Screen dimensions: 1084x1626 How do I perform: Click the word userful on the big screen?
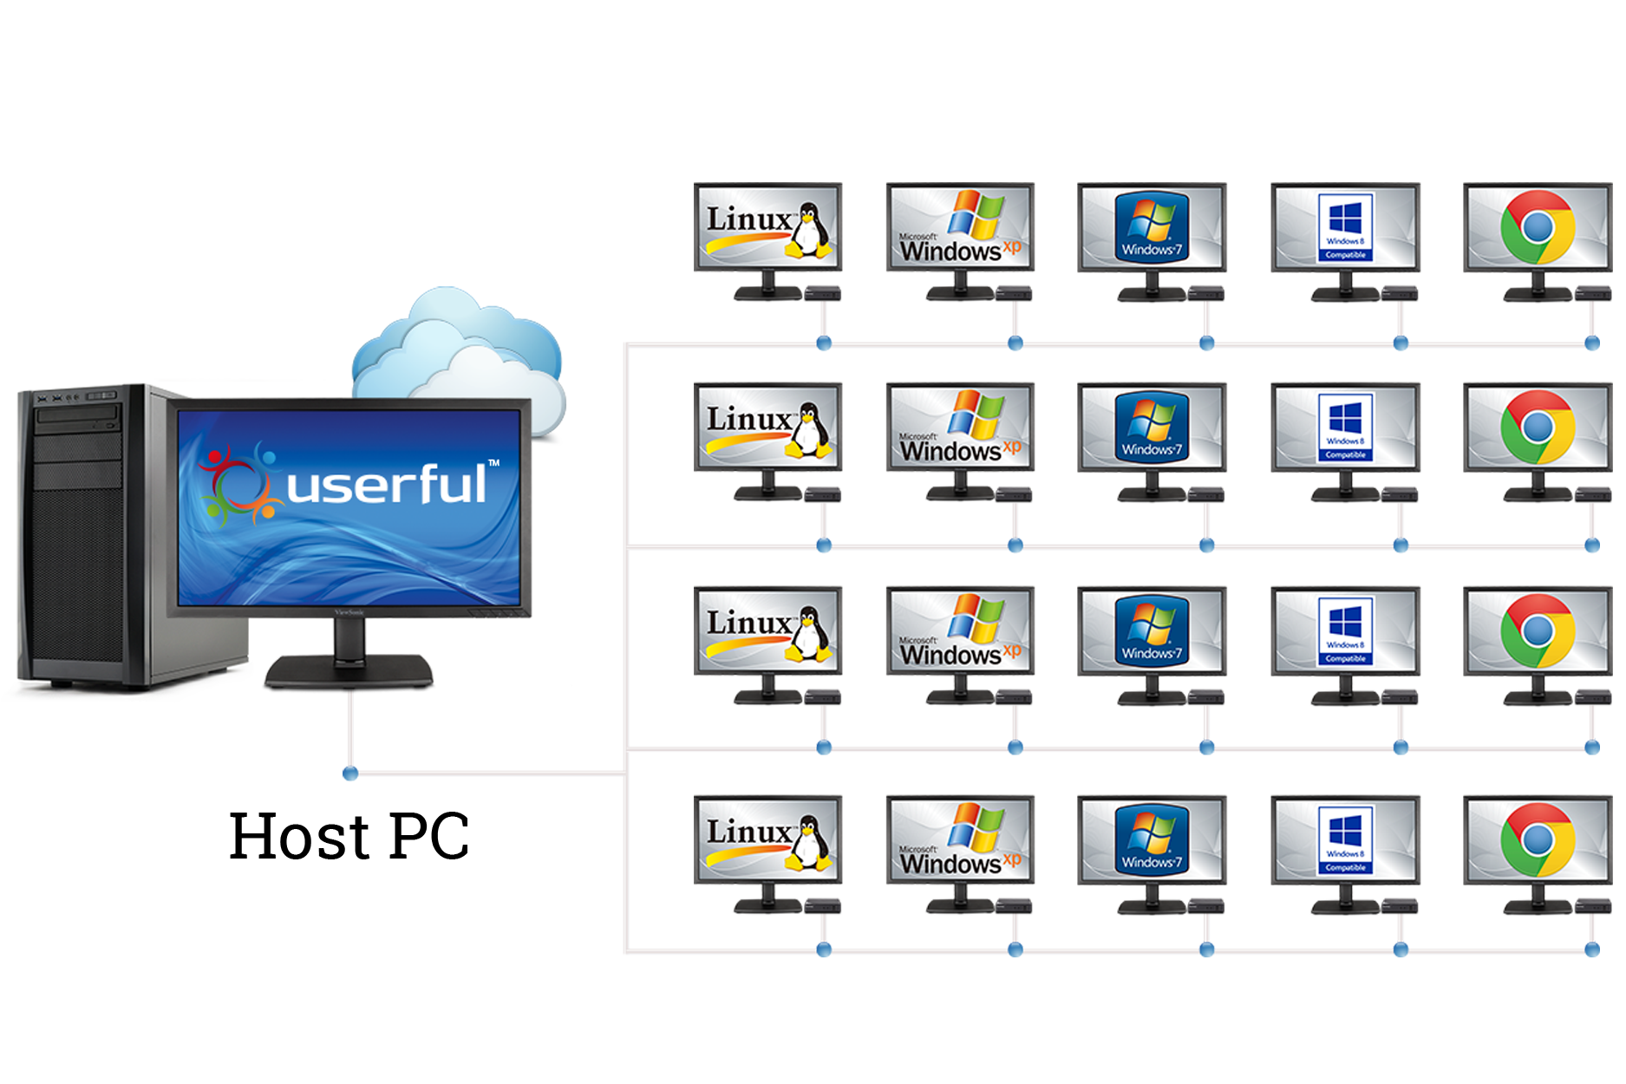click(x=387, y=485)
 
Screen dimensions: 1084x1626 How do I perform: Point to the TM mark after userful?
click(x=493, y=463)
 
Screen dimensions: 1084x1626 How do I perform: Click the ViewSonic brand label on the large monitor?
click(x=349, y=612)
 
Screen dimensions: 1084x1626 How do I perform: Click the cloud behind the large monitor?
click(x=460, y=347)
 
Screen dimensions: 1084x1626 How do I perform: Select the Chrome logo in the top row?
click(x=1538, y=227)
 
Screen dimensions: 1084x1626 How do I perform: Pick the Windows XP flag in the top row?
click(x=976, y=215)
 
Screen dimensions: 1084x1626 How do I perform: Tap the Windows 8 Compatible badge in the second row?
click(x=1345, y=428)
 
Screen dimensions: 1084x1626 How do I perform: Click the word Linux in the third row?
click(x=748, y=623)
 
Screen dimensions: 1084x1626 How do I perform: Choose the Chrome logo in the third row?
click(x=1538, y=630)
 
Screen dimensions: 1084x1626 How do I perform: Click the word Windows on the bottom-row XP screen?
click(x=950, y=864)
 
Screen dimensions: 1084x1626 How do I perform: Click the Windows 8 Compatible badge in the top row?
click(x=1345, y=226)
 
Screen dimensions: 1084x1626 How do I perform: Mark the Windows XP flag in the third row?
click(x=976, y=618)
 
